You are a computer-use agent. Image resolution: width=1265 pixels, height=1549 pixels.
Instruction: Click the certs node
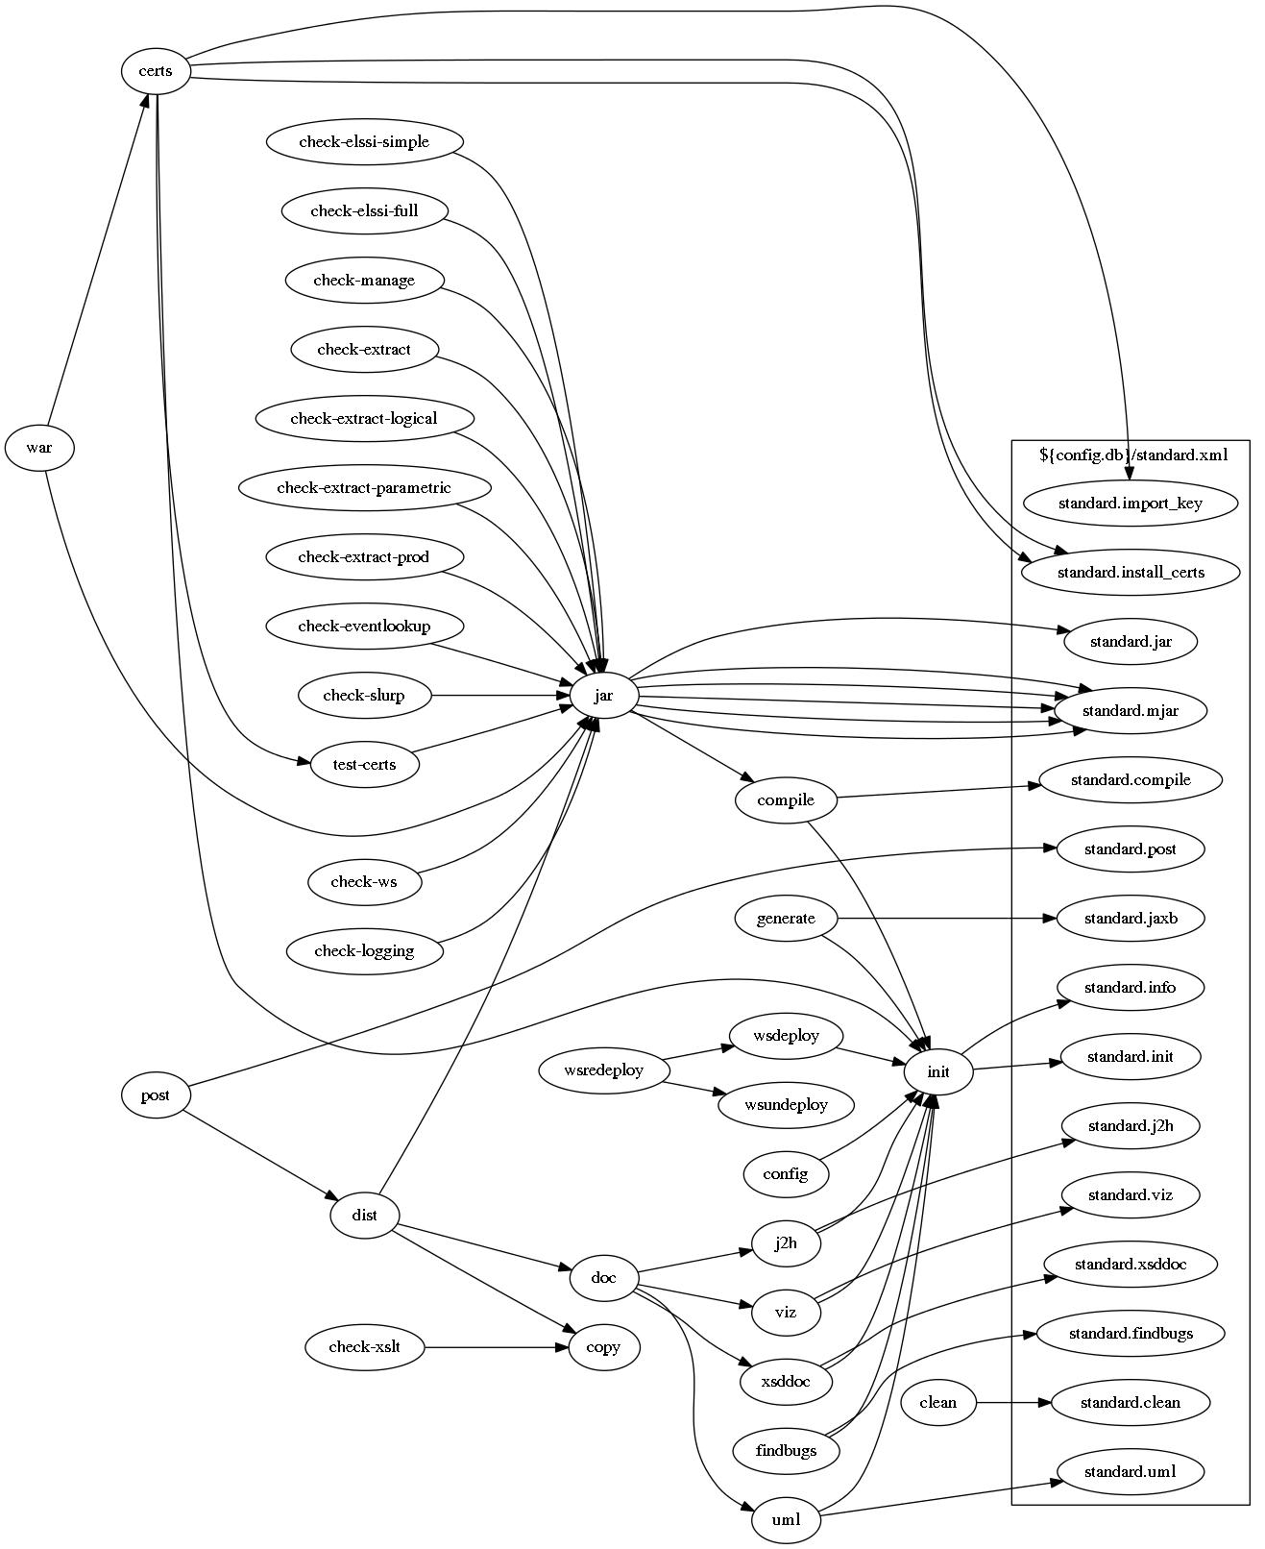155,71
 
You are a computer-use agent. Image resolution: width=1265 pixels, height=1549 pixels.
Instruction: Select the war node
39,448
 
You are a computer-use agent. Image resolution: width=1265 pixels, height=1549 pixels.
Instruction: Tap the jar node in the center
603,696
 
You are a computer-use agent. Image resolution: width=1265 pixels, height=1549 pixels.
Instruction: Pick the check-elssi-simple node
364,142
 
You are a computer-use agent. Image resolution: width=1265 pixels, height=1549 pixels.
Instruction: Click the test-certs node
364,765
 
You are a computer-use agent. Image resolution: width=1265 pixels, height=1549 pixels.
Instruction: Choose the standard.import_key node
1130,504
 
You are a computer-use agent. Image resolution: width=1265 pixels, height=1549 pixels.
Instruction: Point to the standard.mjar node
1130,711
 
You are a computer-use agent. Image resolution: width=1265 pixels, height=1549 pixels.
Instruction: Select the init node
937,1071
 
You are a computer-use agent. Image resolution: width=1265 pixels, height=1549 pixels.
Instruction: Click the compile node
785,800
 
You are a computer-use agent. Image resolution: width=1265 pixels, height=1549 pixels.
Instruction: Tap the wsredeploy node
603,1070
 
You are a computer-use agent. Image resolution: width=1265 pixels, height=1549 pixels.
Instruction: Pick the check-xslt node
364,1347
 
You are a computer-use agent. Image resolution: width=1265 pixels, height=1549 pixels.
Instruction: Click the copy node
603,1347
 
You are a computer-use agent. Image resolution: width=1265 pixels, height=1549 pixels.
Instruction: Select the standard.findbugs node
1130,1334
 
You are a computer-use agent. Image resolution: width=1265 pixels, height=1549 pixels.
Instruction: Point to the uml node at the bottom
786,1520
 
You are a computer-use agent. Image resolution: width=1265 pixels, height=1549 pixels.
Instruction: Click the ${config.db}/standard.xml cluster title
1132,455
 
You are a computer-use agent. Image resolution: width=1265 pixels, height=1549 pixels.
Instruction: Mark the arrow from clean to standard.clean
1013,1403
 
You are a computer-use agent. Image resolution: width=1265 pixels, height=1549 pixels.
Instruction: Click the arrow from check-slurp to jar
499,696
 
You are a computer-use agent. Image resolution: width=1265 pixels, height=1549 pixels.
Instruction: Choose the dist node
364,1216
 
